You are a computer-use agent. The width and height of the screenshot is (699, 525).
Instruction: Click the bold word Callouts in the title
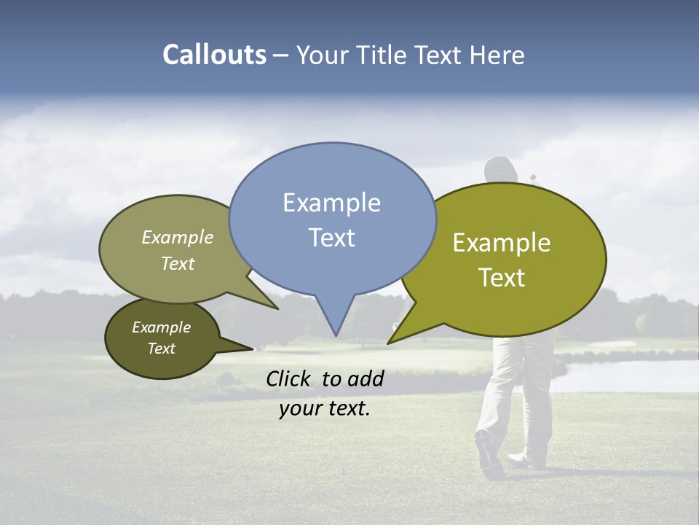(x=214, y=55)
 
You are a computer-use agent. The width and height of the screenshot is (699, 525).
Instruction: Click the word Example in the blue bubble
(x=331, y=203)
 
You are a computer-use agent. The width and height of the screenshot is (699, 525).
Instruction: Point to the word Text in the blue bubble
(x=331, y=238)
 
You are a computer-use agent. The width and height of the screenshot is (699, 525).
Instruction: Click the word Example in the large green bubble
(x=502, y=243)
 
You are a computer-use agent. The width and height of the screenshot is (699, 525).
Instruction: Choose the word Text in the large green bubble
(x=502, y=278)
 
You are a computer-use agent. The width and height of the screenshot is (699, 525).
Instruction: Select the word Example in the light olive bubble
(x=178, y=238)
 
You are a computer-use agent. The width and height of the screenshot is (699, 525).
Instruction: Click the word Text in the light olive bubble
(x=178, y=264)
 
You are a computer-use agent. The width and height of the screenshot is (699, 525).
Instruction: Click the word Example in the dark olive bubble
(x=161, y=327)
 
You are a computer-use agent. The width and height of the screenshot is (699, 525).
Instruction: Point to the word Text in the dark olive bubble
(x=161, y=349)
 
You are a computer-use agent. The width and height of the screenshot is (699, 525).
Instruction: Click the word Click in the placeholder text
(x=290, y=378)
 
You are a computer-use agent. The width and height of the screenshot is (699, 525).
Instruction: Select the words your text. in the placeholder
(x=325, y=409)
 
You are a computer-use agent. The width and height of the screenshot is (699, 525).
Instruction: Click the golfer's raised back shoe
(x=488, y=452)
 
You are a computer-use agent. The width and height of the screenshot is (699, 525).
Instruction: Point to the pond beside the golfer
(x=626, y=373)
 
